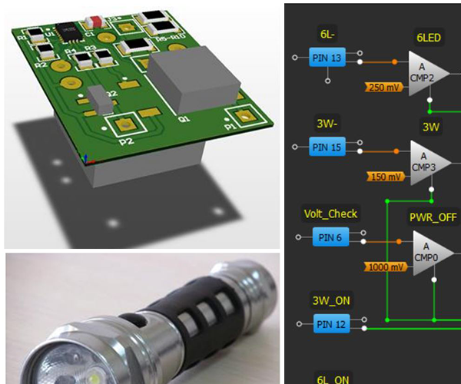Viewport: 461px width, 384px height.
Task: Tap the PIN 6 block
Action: tap(331, 237)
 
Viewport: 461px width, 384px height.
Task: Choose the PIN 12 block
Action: tap(331, 324)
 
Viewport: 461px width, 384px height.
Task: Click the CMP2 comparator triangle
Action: tap(424, 74)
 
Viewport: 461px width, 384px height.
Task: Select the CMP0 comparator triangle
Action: tap(429, 252)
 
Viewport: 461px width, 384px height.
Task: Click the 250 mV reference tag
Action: tap(384, 87)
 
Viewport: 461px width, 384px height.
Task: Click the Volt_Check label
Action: tap(331, 214)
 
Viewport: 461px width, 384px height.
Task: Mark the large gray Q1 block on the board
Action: tap(185, 81)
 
